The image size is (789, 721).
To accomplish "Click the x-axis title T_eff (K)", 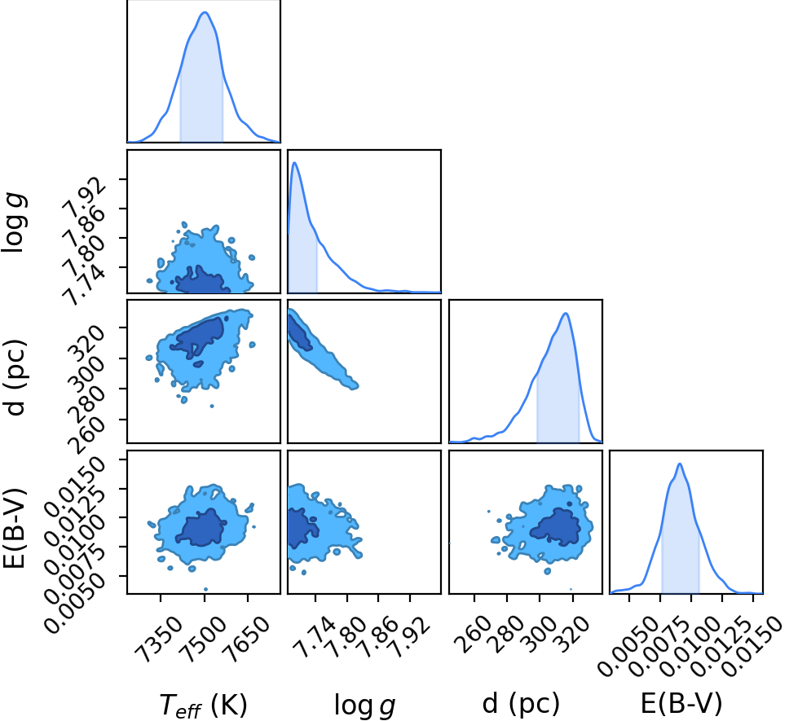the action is tap(203, 705).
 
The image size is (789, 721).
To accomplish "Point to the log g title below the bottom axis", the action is tap(364, 706).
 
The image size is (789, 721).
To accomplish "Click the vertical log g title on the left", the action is tap(15, 222).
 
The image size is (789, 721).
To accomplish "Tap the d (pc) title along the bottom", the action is tap(521, 703).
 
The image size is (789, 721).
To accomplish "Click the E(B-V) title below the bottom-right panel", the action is tap(681, 703).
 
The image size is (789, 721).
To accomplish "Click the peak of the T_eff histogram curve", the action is tap(205, 12).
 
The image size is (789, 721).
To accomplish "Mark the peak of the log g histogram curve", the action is tap(294, 162).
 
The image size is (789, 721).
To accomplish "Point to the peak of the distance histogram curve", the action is tap(566, 313).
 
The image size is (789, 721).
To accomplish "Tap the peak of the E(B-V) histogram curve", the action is tap(680, 464).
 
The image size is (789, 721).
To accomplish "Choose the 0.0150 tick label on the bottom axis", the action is tap(752, 646).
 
